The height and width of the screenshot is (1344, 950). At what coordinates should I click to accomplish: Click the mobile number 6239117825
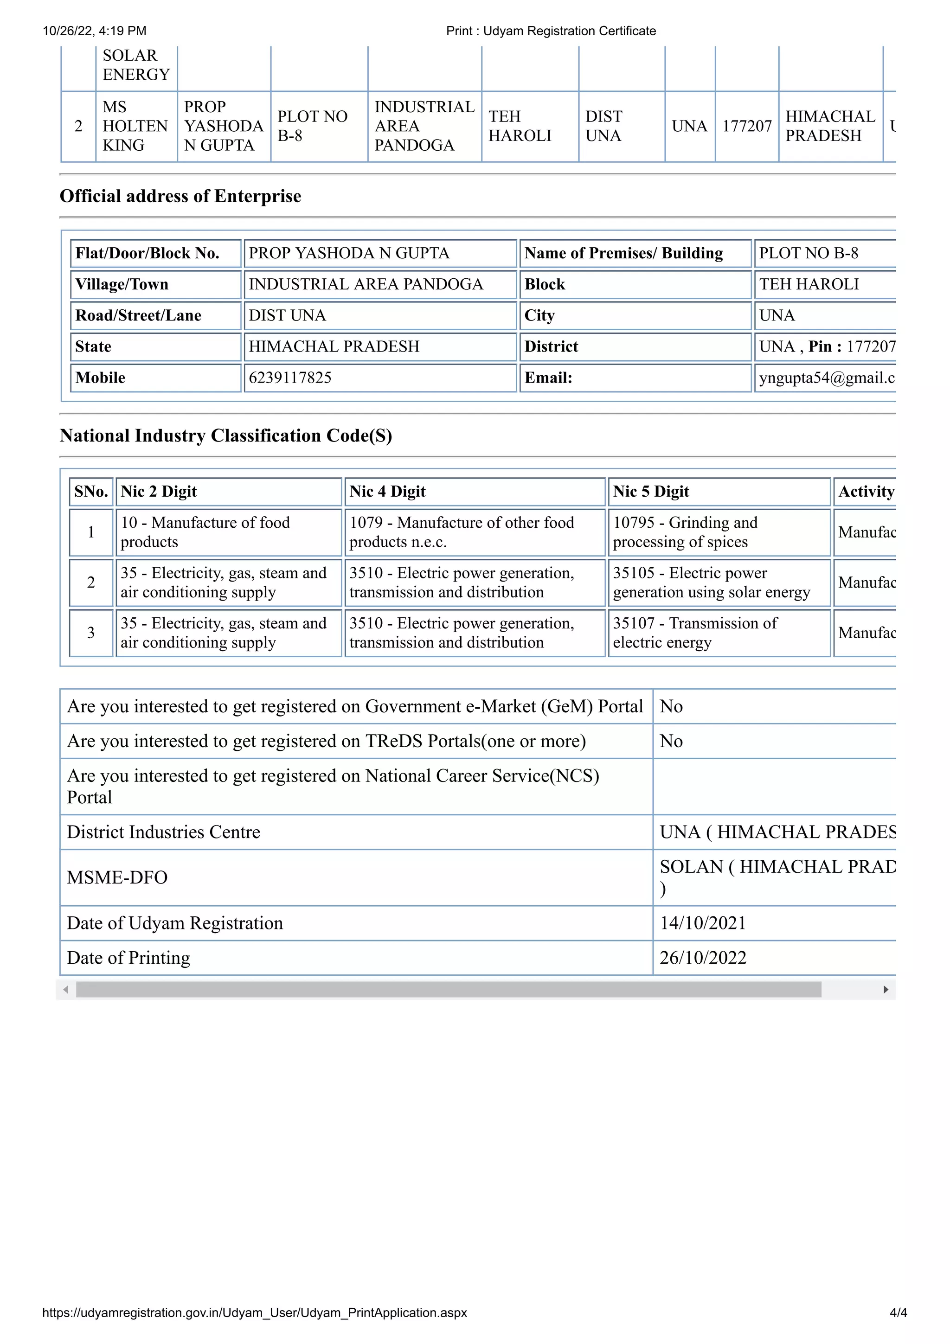coord(290,378)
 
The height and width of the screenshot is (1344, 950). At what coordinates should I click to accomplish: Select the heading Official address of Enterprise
coord(180,196)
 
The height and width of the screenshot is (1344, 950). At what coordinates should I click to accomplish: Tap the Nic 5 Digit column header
coord(651,491)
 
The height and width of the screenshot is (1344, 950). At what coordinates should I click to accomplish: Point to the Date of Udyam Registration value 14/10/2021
coord(702,923)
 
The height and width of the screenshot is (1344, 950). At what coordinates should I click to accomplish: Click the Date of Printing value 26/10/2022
coord(702,958)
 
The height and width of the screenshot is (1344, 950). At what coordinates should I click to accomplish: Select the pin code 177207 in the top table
coord(746,126)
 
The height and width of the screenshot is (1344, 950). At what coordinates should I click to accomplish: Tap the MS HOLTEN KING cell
coord(135,126)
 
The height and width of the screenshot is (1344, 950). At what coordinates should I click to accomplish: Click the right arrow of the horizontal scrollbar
coord(886,989)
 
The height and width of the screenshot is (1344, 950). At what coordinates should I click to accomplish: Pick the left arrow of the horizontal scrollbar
coord(65,989)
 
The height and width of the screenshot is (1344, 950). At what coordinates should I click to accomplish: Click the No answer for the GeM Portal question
coord(671,706)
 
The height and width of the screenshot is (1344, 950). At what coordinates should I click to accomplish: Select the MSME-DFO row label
coord(117,877)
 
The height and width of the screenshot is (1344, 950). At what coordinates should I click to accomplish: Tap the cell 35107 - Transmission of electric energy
coord(695,633)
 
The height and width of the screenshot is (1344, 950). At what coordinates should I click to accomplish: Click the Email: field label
coord(548,378)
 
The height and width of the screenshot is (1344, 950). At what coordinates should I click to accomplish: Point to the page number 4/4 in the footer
coord(898,1312)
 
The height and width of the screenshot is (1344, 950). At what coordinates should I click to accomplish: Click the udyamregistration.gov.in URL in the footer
coord(255,1312)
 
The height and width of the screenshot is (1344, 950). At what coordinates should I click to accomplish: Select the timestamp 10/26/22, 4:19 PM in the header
coord(94,31)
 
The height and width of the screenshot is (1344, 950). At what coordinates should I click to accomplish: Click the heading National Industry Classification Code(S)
coord(226,435)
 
